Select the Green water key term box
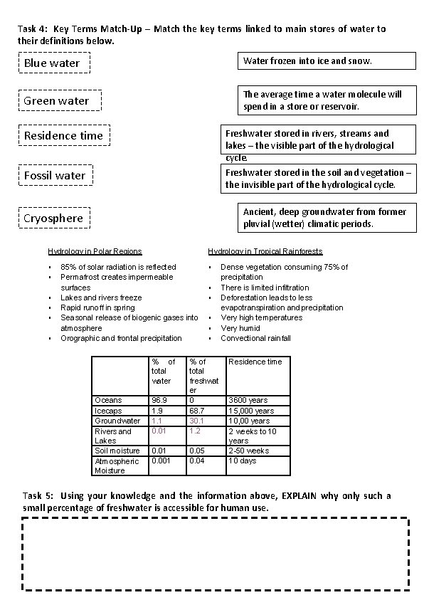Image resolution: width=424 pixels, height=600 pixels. coord(59,100)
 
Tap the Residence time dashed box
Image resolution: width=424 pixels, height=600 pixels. coord(64,135)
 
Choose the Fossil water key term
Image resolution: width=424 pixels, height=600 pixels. coord(55,175)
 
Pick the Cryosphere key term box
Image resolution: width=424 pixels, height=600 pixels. coord(54,218)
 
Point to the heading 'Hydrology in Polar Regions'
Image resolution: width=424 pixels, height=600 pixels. coord(95,251)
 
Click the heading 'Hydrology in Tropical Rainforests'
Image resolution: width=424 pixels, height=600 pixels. coord(265,251)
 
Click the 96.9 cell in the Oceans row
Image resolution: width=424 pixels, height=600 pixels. coord(159,400)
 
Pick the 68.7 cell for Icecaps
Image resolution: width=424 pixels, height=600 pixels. coord(196,411)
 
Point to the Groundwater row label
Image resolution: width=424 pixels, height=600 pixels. coord(117,421)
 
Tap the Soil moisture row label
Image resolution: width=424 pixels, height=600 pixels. coord(117,451)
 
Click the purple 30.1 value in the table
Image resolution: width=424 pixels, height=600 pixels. coord(197,421)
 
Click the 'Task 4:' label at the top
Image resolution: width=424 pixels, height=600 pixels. coord(33,29)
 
